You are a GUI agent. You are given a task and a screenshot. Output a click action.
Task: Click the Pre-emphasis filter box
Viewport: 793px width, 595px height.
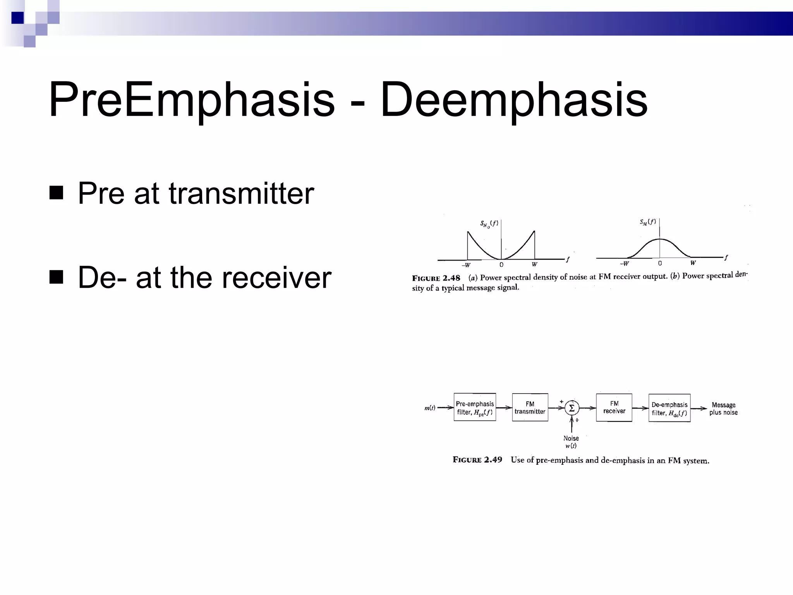[475, 408]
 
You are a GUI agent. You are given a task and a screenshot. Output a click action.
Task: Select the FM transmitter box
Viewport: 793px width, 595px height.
[530, 408]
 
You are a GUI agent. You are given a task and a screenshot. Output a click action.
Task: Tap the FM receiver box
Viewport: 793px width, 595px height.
[614, 408]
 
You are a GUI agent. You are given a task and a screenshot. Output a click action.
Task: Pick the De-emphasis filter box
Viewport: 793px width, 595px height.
[669, 408]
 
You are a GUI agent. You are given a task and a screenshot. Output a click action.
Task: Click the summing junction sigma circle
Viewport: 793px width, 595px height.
[572, 408]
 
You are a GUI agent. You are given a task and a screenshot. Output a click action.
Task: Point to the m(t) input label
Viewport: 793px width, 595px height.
[430, 408]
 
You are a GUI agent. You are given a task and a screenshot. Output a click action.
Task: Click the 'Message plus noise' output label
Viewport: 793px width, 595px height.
[723, 409]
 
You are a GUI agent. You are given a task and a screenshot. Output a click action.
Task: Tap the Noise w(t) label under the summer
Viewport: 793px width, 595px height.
[571, 442]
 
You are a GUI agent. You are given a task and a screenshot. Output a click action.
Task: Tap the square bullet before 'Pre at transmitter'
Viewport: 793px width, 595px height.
[57, 193]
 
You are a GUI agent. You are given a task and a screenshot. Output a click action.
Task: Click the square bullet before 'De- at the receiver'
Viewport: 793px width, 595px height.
[57, 277]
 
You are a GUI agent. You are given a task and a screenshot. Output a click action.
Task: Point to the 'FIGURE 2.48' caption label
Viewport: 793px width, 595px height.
[436, 278]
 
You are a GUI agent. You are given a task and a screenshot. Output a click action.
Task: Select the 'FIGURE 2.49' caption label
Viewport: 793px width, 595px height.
[477, 460]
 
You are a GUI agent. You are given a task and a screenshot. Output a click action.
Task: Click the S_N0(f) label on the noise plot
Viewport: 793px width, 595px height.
[489, 224]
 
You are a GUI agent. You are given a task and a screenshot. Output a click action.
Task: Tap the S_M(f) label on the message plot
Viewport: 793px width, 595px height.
[648, 222]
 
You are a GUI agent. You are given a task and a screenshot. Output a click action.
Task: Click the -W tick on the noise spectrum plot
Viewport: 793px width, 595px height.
[466, 265]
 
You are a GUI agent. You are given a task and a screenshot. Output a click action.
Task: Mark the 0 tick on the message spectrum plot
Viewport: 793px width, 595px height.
[660, 263]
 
